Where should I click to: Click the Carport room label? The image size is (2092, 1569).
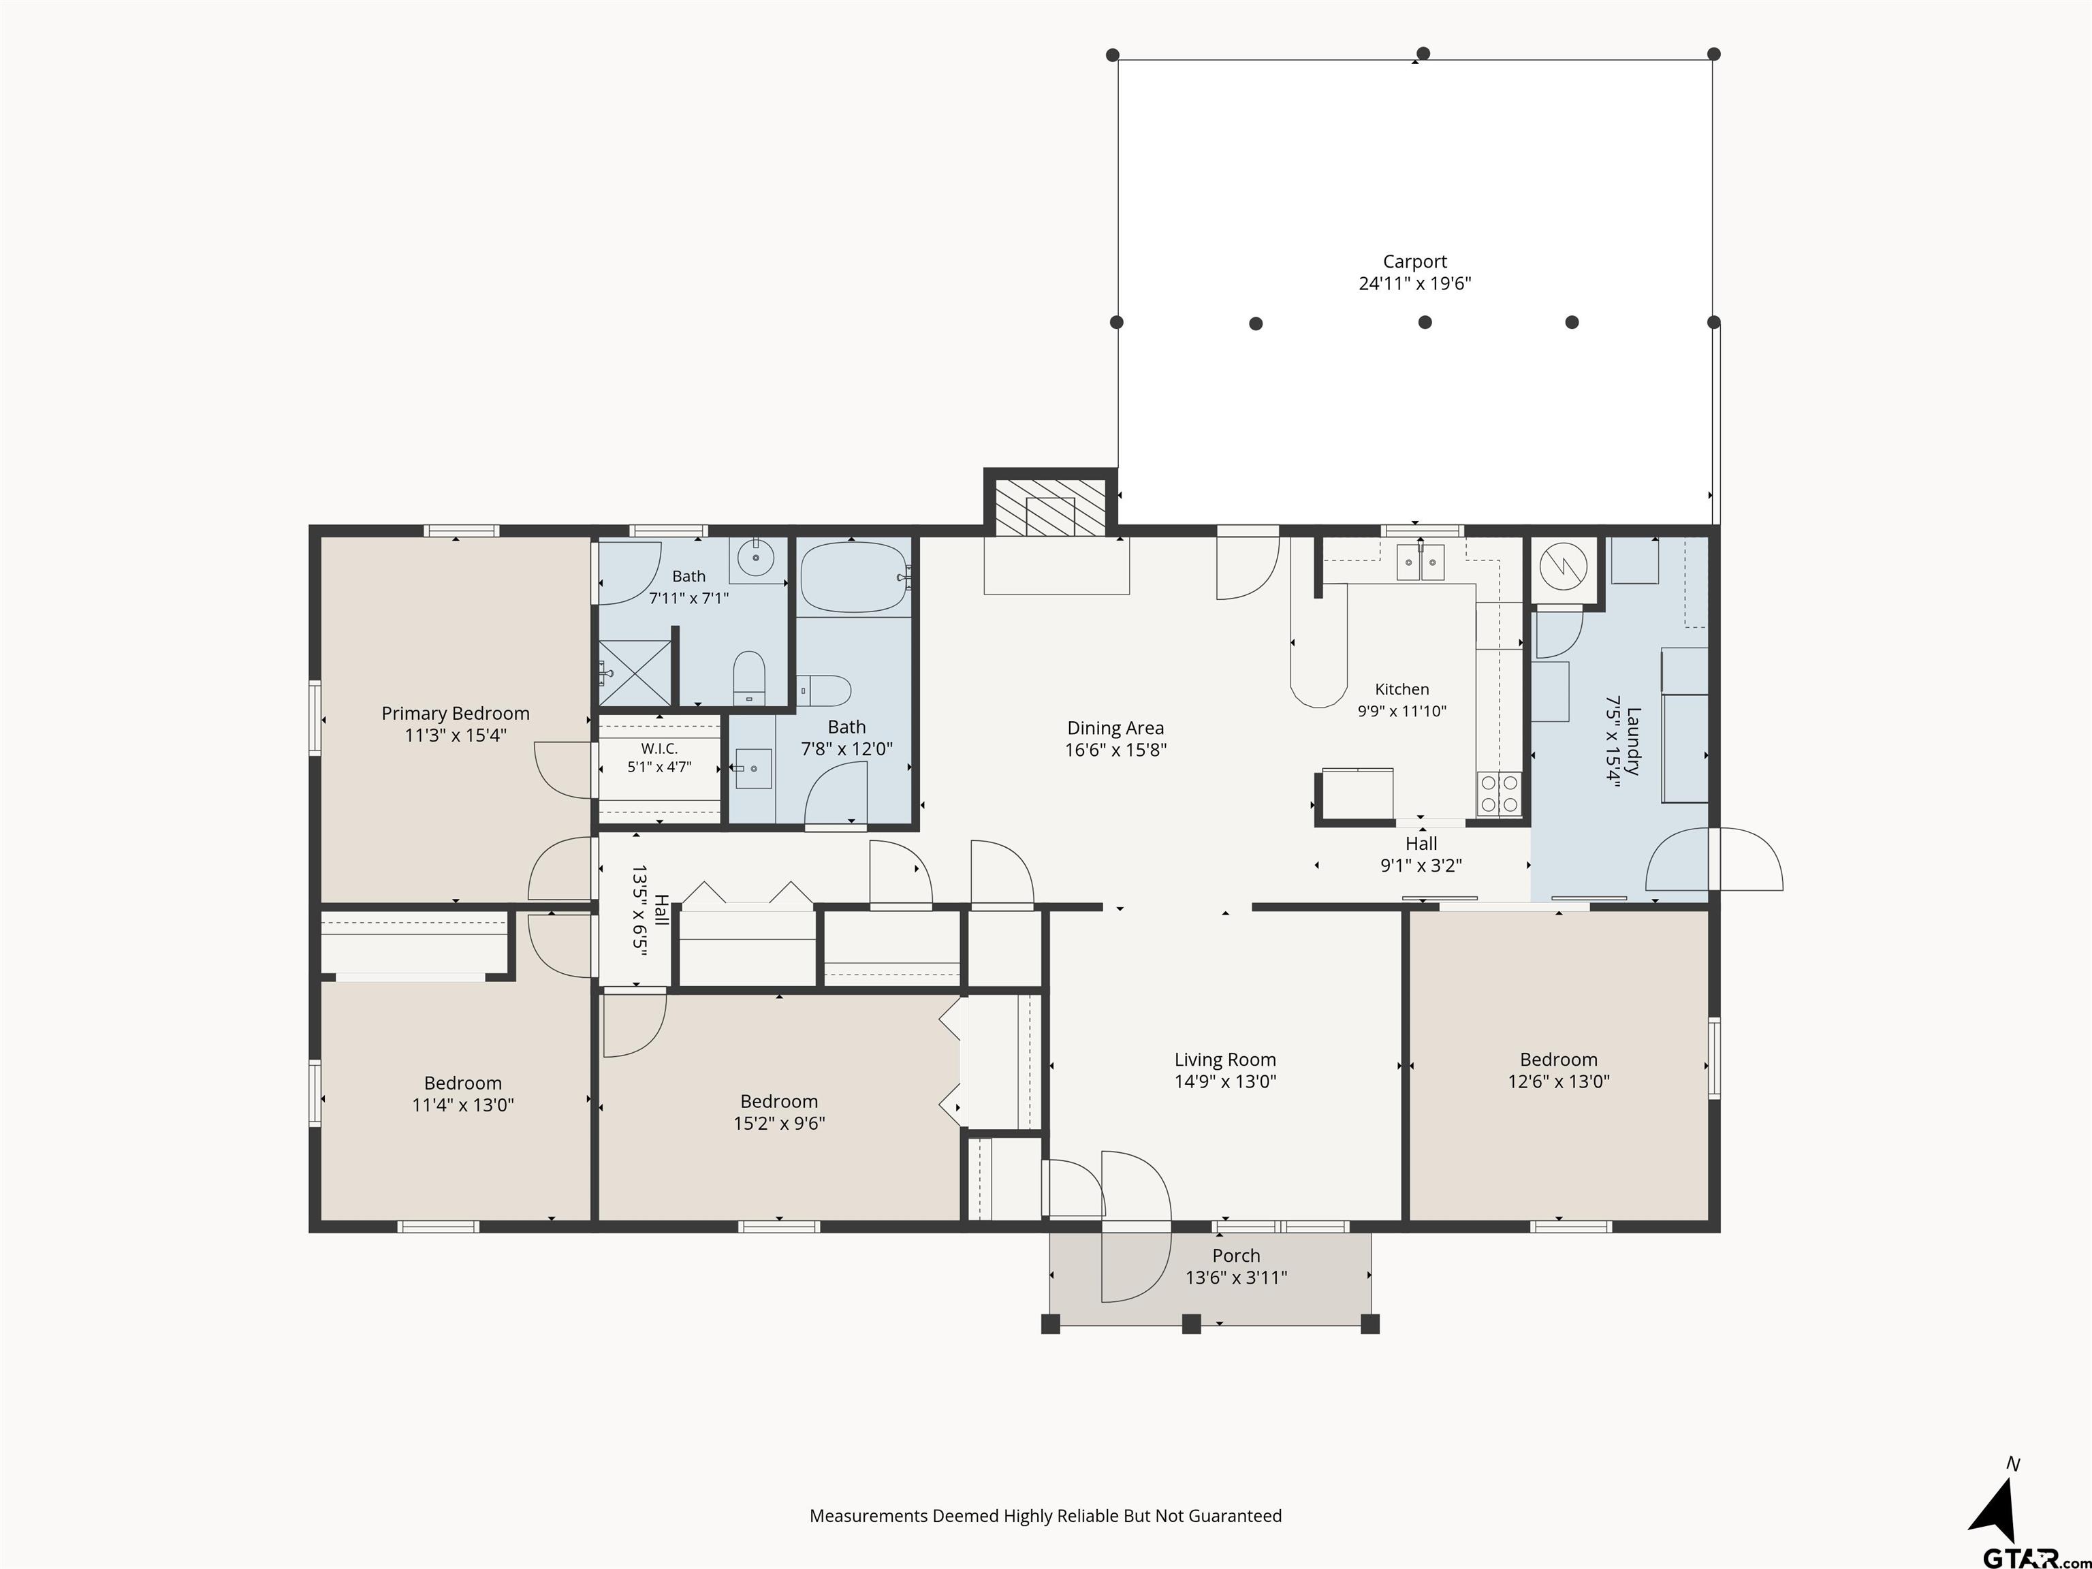[1415, 261]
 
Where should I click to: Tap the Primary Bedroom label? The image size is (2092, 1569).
[455, 713]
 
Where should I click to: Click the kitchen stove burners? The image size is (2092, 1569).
[1499, 793]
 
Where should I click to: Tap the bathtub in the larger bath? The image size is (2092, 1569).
[854, 577]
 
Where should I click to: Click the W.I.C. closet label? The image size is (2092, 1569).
[659, 748]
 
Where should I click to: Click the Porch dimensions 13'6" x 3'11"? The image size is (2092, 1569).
[1236, 1278]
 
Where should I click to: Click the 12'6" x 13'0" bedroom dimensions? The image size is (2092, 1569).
[1559, 1081]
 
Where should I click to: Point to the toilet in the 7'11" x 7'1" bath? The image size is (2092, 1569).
[749, 676]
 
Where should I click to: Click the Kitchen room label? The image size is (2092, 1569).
[1401, 689]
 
